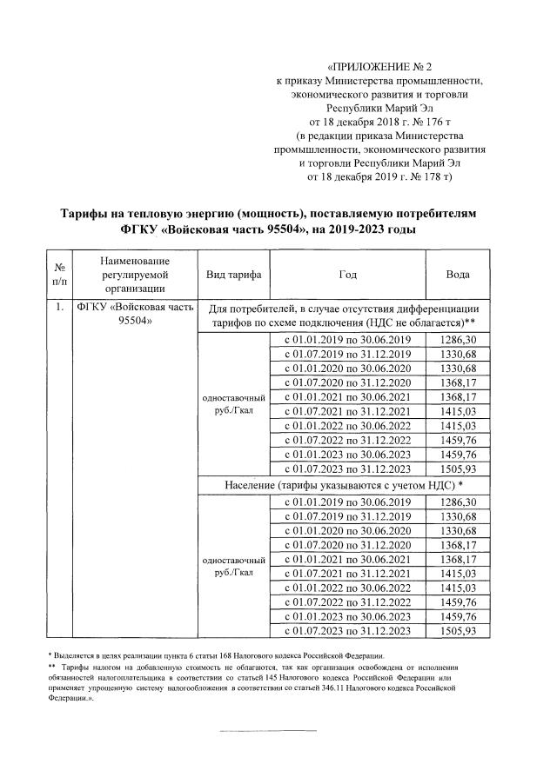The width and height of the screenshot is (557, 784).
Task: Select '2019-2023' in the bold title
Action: (354, 230)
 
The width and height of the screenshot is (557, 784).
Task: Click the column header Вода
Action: (458, 275)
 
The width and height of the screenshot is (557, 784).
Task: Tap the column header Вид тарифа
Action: (233, 275)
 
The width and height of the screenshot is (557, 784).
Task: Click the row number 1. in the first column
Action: (57, 308)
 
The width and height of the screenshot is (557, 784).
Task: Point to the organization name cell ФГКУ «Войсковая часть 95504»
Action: (133, 315)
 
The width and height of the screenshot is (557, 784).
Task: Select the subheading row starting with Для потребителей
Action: (345, 315)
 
